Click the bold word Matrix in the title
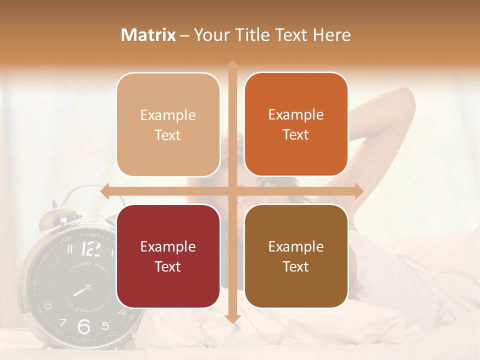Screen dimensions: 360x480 (x=148, y=35)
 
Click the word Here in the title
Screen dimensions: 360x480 (x=331, y=35)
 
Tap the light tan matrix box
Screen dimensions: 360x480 (x=168, y=124)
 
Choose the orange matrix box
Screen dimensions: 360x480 (x=296, y=124)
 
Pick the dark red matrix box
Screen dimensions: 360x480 (x=168, y=256)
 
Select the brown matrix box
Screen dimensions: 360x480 (x=296, y=256)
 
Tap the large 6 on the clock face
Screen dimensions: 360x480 (x=84, y=326)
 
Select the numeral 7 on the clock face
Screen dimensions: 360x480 (x=63, y=321)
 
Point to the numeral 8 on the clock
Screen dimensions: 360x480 (x=48, y=305)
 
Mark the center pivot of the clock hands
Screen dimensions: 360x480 (x=87, y=287)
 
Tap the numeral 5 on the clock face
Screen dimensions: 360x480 (x=105, y=326)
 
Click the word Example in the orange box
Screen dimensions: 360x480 (x=296, y=115)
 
